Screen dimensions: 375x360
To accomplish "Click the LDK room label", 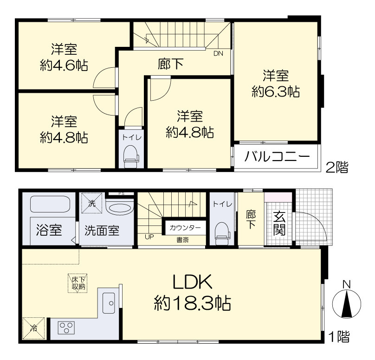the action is coord(192,282).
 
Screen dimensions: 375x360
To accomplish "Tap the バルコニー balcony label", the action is coord(277,157).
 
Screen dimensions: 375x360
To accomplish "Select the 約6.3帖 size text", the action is coord(276,91).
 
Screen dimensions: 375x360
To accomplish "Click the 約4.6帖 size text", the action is coord(64,65).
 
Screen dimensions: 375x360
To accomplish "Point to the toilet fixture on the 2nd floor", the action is coord(131,157).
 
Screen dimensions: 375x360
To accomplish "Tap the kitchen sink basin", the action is coord(109,303).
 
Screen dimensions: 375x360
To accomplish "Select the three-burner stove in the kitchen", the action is coord(66,328).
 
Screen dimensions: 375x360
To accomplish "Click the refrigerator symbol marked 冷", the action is coord(33,328).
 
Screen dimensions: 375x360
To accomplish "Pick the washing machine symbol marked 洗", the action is coord(92,203).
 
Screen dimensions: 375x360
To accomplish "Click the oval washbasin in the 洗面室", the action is coord(119,208).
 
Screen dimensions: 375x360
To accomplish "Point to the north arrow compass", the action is coord(347,303).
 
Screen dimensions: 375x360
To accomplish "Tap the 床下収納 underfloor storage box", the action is coord(78,283).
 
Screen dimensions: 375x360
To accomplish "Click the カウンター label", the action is coord(185,228).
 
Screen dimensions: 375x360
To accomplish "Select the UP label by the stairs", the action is coord(149,237).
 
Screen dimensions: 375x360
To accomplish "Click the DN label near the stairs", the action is coord(218,53).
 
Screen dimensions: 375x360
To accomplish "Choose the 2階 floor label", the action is coord(337,167).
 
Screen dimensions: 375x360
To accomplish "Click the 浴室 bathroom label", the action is coord(49,230).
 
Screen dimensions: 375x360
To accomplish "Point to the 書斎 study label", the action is coord(182,240).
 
